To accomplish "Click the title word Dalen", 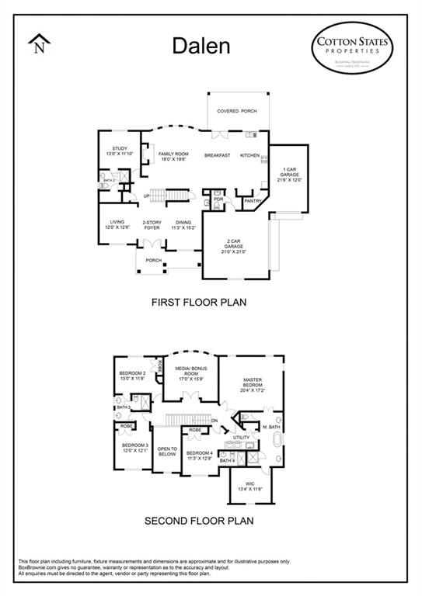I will (201, 46).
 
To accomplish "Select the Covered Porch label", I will (236, 112).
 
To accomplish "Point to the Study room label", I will (119, 151).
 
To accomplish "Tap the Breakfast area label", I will (218, 155).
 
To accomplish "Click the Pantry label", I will (253, 202).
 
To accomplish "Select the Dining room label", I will (183, 226).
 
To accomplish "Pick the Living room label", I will (117, 226).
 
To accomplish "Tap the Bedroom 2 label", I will (132, 376).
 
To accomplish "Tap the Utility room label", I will (242, 438).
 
